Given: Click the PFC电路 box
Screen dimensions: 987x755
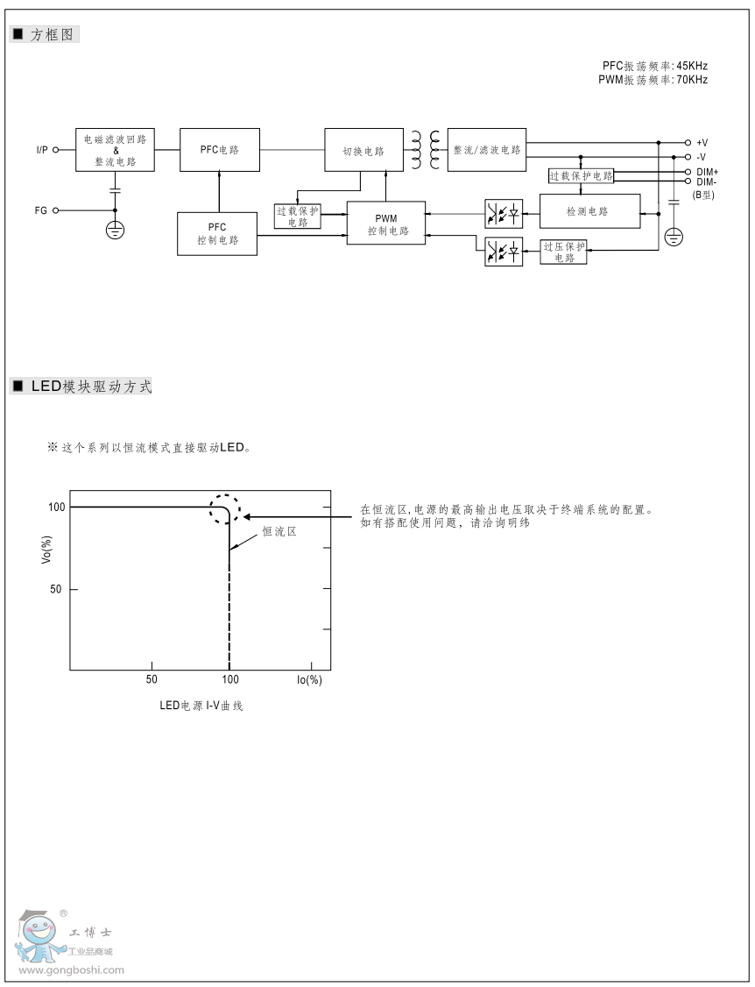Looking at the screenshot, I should [220, 150].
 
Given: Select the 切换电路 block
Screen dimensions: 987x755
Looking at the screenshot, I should [363, 151].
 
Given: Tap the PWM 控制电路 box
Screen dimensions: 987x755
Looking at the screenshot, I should [386, 224].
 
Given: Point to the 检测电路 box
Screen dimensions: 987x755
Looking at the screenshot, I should [589, 212].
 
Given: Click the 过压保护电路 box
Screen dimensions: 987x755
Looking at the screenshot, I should [563, 252].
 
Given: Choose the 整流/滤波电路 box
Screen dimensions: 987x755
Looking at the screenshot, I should [487, 150].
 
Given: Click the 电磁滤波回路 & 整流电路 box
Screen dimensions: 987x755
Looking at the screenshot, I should [115, 150].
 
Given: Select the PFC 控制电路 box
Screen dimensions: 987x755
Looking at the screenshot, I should [217, 233].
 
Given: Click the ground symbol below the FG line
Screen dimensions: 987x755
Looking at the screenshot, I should [115, 231].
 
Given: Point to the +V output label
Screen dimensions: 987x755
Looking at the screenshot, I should [702, 142].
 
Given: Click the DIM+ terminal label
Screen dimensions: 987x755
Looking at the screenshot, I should [707, 172].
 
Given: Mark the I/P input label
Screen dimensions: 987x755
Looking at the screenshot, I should [42, 150].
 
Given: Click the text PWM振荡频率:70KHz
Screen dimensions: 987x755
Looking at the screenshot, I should [653, 80].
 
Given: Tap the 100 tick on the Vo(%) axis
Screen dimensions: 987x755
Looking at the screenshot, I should [57, 507].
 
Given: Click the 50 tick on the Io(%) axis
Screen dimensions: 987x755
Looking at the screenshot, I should [152, 679].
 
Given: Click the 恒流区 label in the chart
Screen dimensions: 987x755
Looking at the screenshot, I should [279, 531].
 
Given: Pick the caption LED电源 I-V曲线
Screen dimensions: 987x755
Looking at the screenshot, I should [201, 706].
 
